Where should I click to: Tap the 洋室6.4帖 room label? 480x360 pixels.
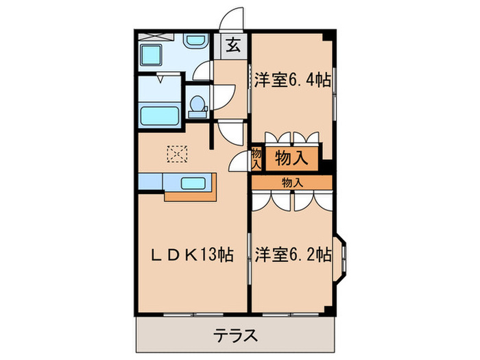(293, 80)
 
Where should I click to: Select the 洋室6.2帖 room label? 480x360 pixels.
(293, 255)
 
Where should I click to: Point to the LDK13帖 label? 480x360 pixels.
(191, 255)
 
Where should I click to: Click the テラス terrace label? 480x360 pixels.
(235, 335)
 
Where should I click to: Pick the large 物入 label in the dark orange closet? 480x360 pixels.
(291, 159)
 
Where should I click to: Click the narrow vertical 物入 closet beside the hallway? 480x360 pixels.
(256, 159)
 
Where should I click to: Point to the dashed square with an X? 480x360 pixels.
(177, 155)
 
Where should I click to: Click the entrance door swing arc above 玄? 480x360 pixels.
(234, 19)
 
